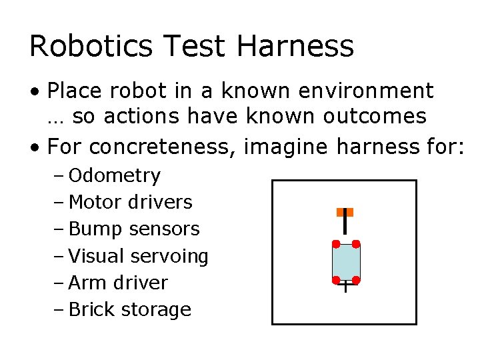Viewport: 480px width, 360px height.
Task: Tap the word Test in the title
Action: [x=195, y=46]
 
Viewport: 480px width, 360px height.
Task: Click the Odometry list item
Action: [x=115, y=176]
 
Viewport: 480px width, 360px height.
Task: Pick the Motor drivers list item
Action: [x=131, y=203]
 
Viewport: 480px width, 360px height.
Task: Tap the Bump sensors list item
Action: [x=134, y=229]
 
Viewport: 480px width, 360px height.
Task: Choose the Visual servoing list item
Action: [x=139, y=256]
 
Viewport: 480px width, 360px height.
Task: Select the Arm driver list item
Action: [x=119, y=283]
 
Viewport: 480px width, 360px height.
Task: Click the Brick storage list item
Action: [x=130, y=309]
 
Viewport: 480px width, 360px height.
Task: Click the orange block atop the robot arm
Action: [x=345, y=212]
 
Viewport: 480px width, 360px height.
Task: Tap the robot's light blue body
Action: [x=346, y=262]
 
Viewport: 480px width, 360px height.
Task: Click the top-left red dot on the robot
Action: [x=336, y=244]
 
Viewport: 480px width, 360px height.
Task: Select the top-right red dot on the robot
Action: [x=356, y=244]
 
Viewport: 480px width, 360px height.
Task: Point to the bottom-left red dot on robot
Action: [x=336, y=280]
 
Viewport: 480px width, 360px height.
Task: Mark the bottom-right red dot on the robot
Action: [x=356, y=280]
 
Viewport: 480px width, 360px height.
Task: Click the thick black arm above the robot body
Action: [x=345, y=227]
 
